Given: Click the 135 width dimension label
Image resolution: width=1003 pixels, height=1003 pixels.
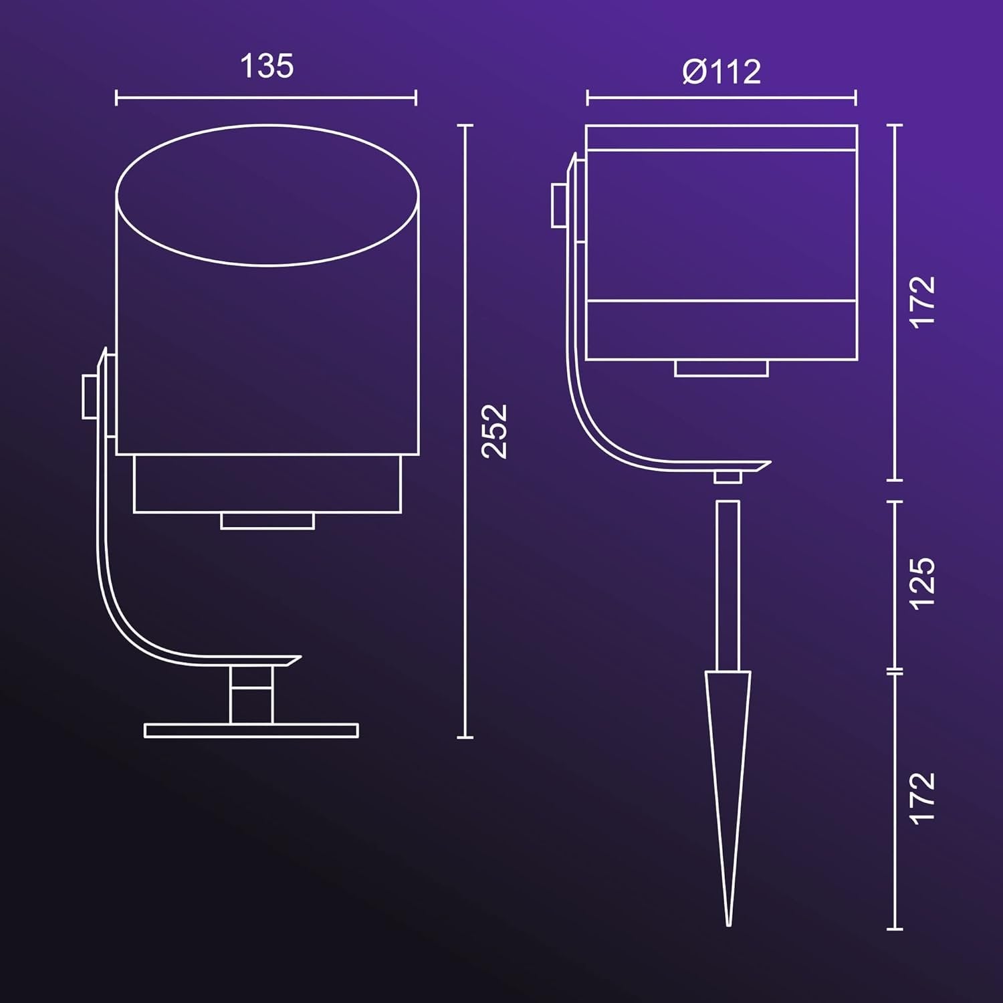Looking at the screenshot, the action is [x=267, y=66].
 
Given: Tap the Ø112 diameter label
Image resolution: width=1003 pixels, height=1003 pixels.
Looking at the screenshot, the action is [x=721, y=72].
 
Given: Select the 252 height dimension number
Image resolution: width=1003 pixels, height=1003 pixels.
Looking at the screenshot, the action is [x=495, y=431].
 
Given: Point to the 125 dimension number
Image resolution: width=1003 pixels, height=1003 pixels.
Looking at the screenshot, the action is [x=923, y=583].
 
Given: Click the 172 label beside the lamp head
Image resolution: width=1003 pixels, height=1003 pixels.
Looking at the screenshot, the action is [x=923, y=302].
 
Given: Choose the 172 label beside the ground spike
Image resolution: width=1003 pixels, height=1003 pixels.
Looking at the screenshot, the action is [x=923, y=798].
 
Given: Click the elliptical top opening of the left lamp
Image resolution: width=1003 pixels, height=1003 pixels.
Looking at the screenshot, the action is [x=267, y=124].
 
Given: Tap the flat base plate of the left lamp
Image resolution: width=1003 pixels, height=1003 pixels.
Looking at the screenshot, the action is [x=251, y=730].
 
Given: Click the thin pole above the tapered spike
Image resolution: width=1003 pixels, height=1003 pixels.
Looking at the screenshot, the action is [x=728, y=586].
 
